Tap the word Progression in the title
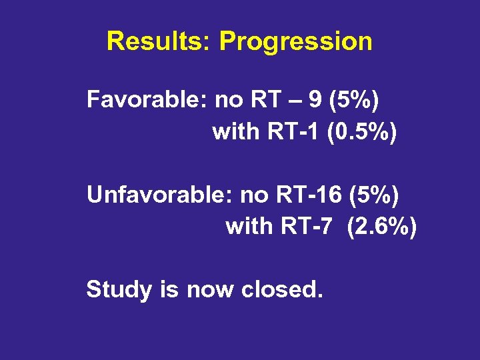[295, 41]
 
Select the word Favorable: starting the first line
[147, 101]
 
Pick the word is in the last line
[169, 289]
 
